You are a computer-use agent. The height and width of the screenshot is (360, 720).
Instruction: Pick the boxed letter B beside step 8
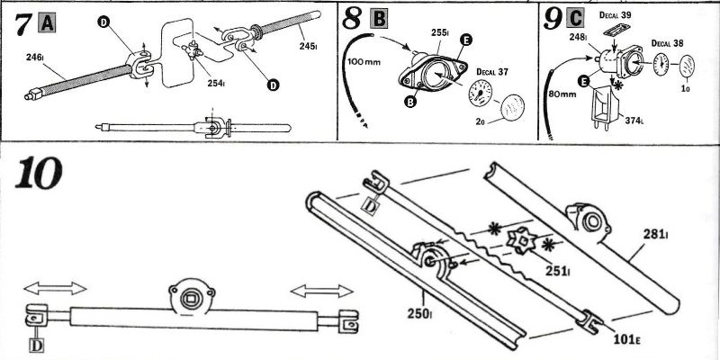coord(380,18)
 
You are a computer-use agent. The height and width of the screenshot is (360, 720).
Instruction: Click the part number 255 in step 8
coord(439,31)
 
